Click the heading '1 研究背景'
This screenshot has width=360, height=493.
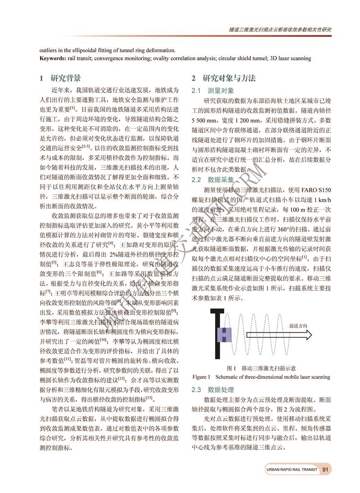point(60,78)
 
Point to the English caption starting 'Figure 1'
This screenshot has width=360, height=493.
point(261,377)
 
